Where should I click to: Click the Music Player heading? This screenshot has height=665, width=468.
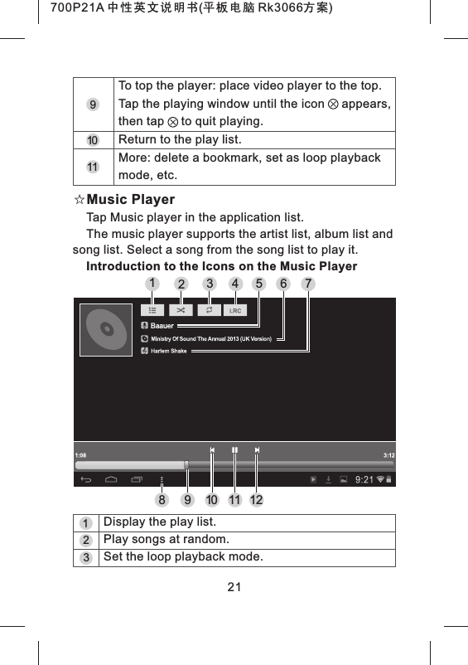pos(131,200)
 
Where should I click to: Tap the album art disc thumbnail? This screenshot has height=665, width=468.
pos(106,332)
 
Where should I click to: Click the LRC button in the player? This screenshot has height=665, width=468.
pos(235,310)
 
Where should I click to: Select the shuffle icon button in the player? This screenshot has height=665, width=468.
pos(181,310)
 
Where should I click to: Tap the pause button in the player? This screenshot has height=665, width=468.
pos(235,450)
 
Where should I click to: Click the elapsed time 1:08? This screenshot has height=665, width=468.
pos(80,455)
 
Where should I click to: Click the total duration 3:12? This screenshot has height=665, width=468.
pos(388,455)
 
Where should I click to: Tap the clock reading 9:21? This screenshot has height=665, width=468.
pos(364,479)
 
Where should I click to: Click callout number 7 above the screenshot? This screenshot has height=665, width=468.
pos(309,284)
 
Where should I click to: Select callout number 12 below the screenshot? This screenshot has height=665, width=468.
pos(257,500)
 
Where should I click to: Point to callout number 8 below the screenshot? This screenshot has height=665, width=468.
pos(164,500)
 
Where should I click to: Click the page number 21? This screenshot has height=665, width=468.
pos(234,588)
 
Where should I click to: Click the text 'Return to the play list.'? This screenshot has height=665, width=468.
pos(180,139)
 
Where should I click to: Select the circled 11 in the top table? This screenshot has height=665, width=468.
pos(94,167)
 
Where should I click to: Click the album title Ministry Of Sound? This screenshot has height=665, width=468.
pos(210,339)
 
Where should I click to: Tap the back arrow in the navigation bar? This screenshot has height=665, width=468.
pos(85,479)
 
